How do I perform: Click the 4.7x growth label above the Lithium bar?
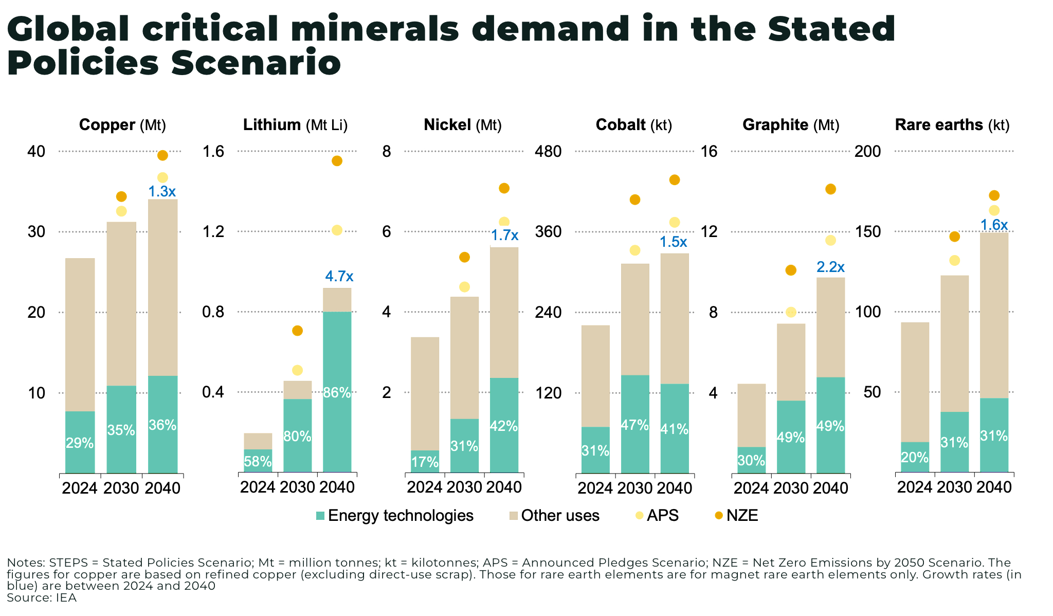(339, 277)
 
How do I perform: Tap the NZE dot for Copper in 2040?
(162, 155)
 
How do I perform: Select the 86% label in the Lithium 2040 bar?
(337, 393)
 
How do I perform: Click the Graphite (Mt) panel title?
(790, 125)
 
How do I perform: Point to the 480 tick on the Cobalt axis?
(548, 151)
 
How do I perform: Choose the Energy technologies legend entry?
(394, 516)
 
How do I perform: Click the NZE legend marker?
(719, 516)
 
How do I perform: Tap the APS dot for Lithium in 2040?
(337, 230)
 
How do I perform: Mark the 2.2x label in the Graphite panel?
(830, 267)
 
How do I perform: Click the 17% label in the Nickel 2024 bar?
(425, 462)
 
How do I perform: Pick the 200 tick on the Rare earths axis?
(867, 151)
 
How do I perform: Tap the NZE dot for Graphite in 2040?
(830, 189)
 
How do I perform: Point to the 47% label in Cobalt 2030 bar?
(634, 425)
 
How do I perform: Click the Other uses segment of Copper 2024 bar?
(80, 334)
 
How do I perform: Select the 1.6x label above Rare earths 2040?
(994, 225)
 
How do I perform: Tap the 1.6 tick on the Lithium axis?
(213, 151)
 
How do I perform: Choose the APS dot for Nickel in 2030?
(464, 287)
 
